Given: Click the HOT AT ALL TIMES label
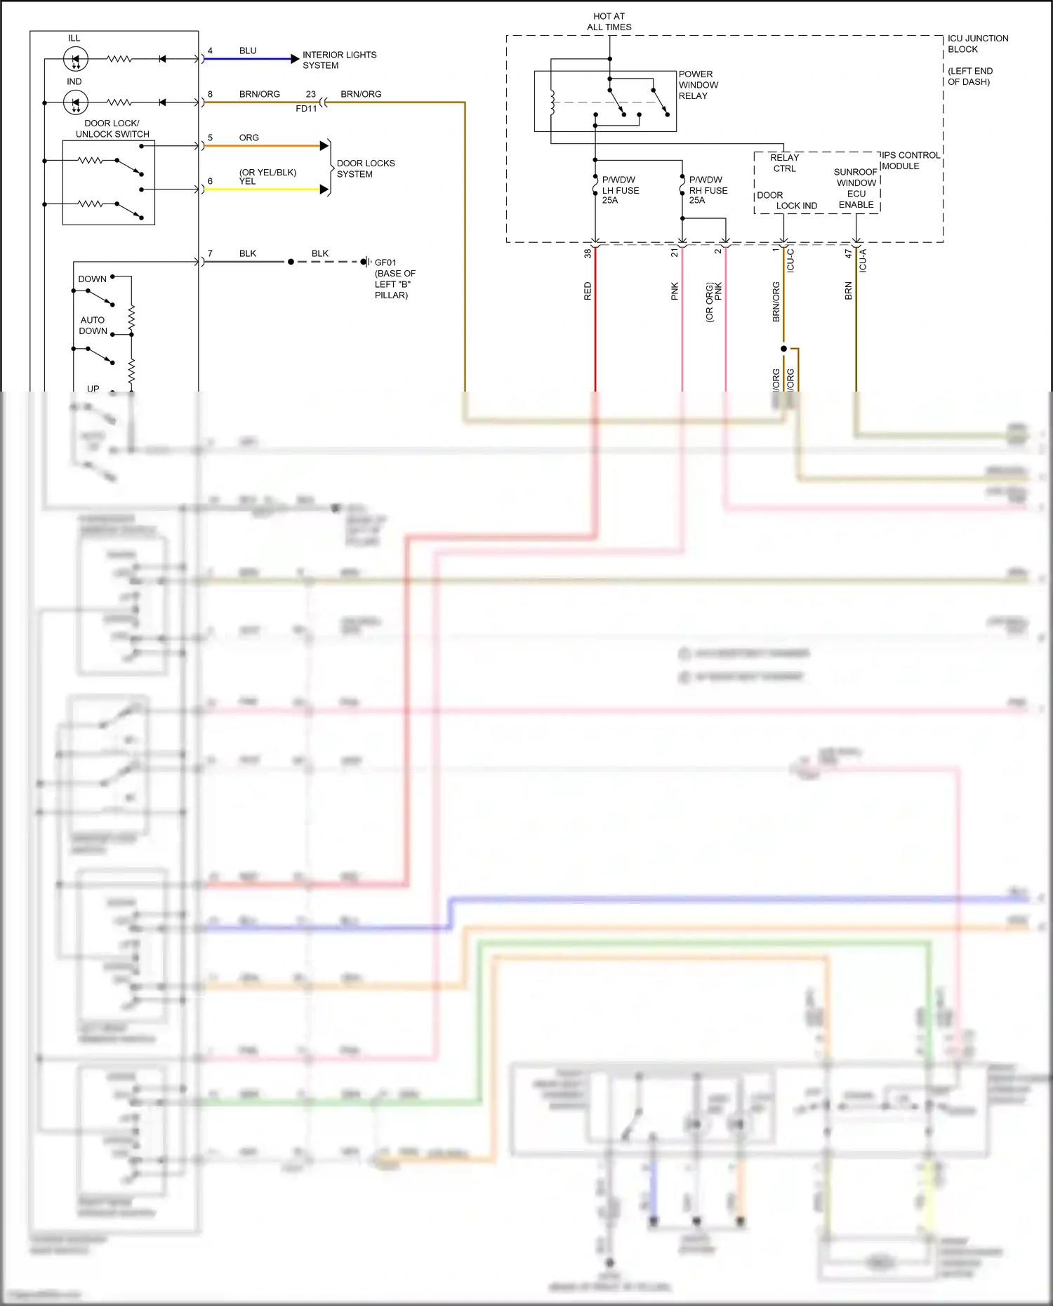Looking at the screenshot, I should [x=609, y=22].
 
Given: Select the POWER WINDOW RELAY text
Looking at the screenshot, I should [x=698, y=85].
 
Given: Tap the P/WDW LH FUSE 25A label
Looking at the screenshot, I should [x=620, y=190].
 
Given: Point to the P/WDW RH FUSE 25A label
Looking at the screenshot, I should [x=708, y=190].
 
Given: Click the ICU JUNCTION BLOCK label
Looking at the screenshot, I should [x=977, y=44].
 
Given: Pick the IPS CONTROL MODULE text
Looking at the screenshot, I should [x=910, y=160].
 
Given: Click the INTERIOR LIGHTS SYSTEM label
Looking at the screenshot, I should [x=339, y=60].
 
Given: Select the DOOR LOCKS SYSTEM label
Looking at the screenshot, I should [x=365, y=168].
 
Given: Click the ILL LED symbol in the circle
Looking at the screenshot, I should [x=75, y=59].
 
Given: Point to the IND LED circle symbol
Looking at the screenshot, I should [x=75, y=102].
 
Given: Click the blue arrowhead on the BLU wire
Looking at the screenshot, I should [x=295, y=59].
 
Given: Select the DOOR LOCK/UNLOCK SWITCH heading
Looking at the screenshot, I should [x=112, y=128].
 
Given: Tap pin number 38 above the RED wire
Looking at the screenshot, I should [x=588, y=253].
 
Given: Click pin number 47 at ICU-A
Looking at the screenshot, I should [x=848, y=253].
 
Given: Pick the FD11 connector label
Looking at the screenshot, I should [x=306, y=109].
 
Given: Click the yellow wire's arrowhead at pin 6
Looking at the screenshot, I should [x=324, y=189].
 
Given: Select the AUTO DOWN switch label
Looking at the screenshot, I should [x=93, y=325].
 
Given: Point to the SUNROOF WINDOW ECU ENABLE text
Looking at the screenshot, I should [x=856, y=188].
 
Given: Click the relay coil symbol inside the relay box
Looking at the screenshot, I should [x=552, y=102].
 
